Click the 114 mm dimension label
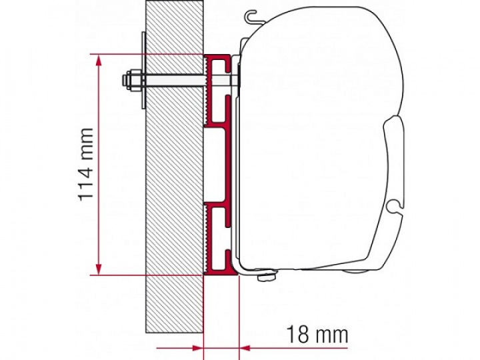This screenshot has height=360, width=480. pos(85,163)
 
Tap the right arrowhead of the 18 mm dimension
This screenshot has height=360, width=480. pos(245,347)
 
